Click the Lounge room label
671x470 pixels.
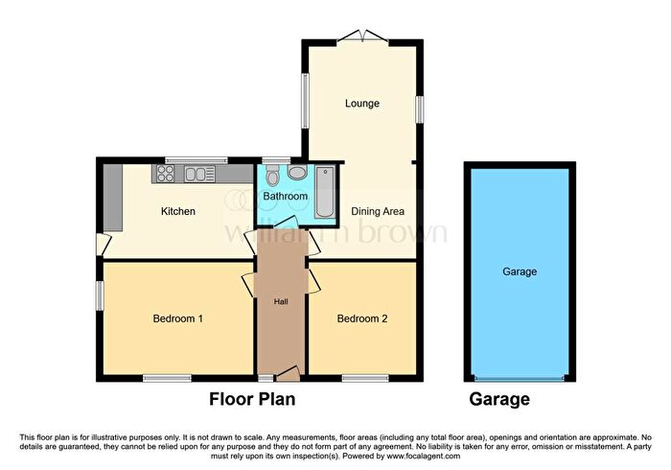[362, 104]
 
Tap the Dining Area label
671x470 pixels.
[378, 211]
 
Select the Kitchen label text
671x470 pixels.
[178, 211]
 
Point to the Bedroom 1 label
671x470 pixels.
[178, 318]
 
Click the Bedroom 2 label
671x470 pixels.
[362, 318]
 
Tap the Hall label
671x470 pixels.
[281, 302]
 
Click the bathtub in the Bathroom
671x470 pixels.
[325, 192]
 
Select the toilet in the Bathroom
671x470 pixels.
[272, 176]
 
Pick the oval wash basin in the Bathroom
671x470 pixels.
[297, 173]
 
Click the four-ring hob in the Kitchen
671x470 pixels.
[166, 174]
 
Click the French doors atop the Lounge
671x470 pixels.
[362, 36]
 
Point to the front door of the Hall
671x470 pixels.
[288, 374]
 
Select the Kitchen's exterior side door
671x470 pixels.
[104, 245]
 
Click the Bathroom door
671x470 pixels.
[286, 222]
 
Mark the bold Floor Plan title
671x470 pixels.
[252, 399]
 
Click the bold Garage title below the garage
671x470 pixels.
[499, 399]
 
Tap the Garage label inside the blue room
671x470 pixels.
[520, 271]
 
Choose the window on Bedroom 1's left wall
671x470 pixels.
[100, 295]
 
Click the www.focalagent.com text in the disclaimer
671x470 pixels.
[424, 457]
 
